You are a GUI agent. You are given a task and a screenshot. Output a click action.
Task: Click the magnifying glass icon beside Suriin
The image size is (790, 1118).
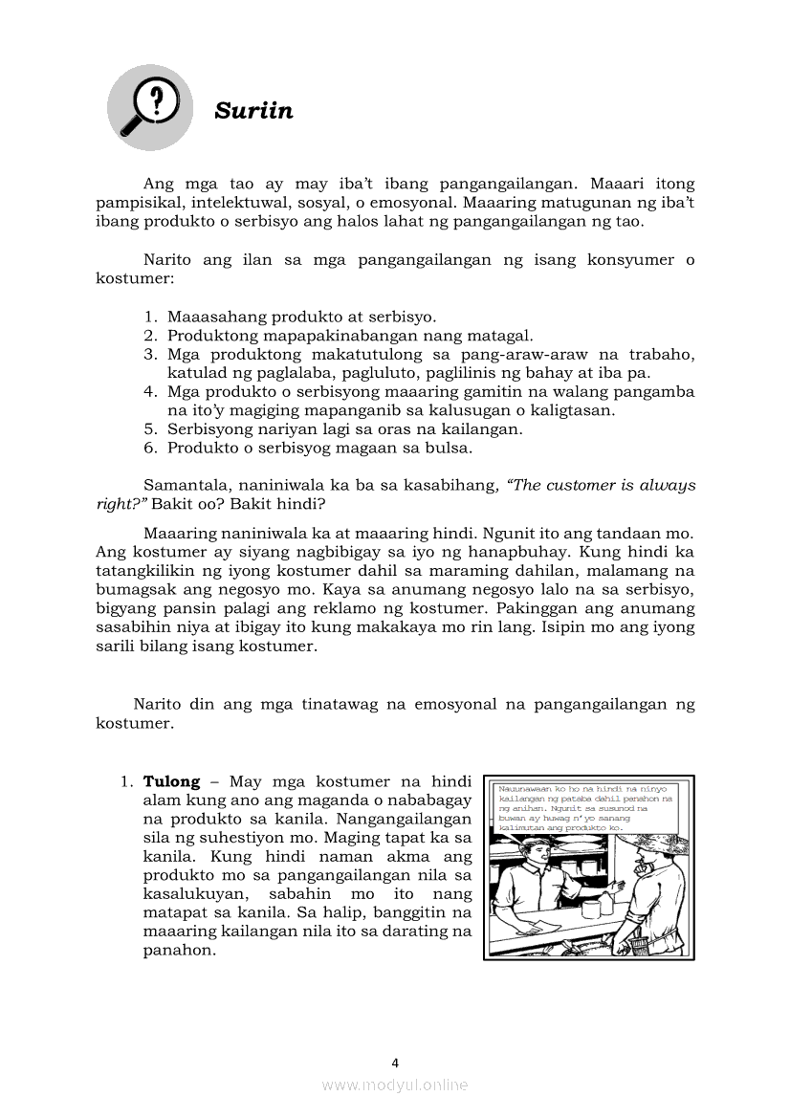tap(149, 106)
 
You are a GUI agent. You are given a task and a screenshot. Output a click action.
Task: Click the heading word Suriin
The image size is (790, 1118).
tap(253, 111)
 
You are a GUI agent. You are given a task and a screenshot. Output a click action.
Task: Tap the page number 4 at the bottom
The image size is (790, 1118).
tap(395, 1063)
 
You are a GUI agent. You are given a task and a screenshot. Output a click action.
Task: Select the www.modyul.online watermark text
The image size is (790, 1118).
tap(395, 1085)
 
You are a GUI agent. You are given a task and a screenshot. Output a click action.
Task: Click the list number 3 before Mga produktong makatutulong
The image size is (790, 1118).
tap(150, 354)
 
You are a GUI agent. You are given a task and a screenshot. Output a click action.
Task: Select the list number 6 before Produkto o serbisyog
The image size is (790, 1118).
tap(150, 448)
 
